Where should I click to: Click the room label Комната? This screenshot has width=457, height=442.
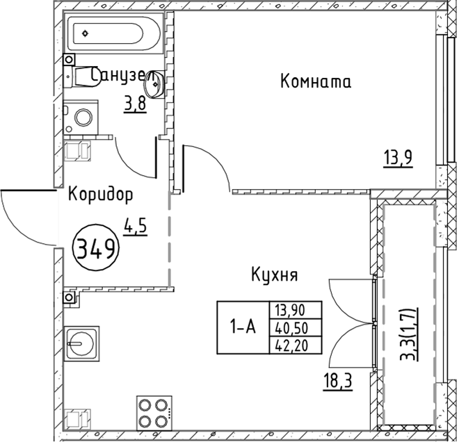tap(315, 82)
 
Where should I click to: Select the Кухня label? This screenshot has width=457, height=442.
tap(274, 275)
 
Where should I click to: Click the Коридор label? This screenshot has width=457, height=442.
tap(100, 195)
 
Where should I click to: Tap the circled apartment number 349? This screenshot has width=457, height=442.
tap(95, 247)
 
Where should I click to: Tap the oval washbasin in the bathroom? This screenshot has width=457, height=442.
tap(154, 85)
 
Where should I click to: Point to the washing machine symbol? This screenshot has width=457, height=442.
tap(82, 118)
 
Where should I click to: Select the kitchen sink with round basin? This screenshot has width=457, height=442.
tap(83, 343)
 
